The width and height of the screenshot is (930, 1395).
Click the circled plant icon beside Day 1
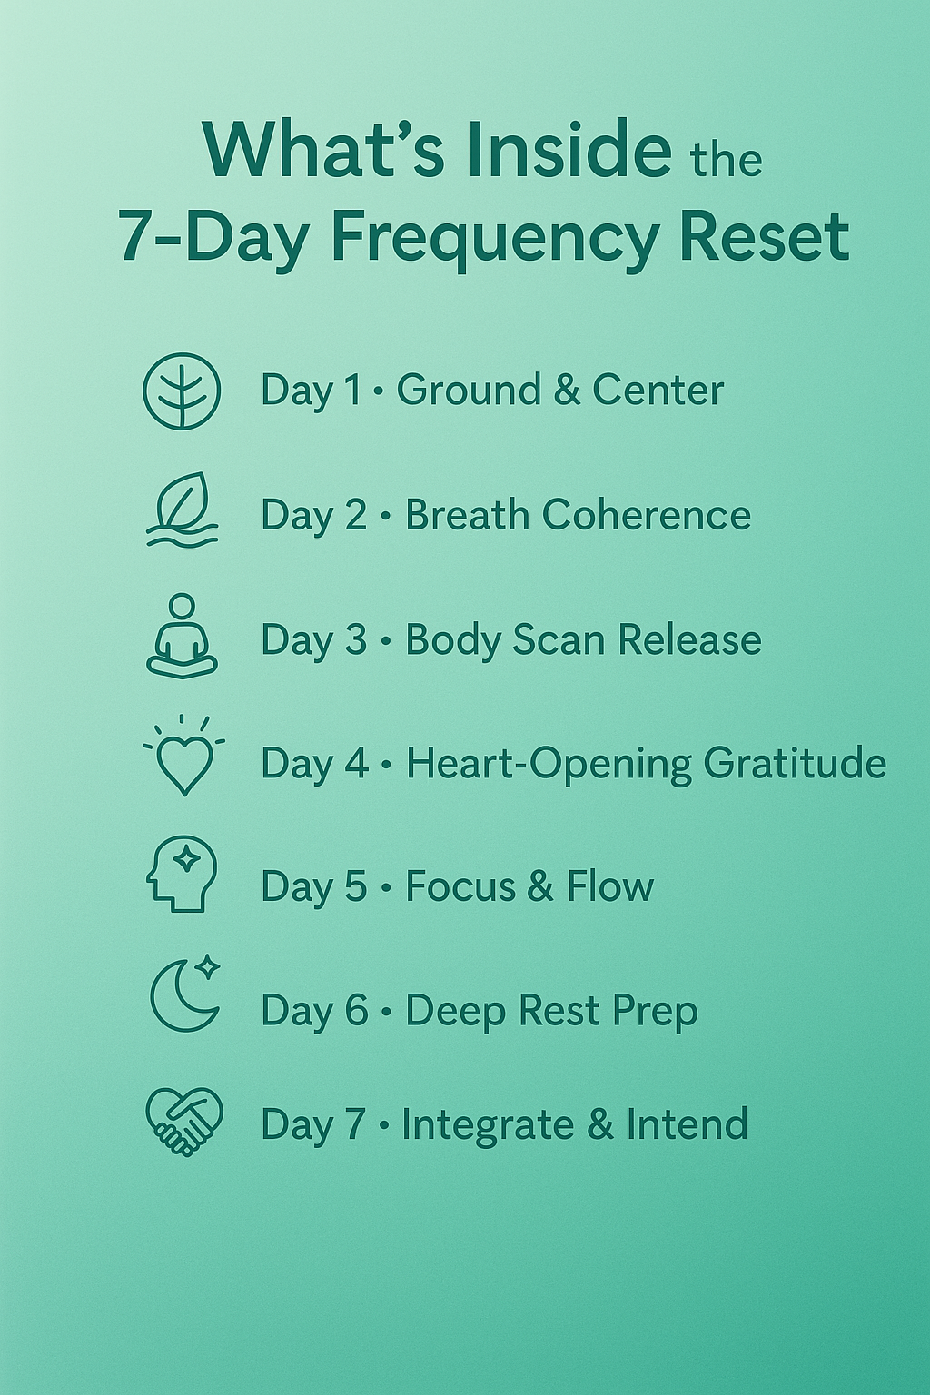tap(182, 391)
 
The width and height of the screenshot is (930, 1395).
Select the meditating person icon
tap(182, 637)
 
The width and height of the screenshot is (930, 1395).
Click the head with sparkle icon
tap(182, 874)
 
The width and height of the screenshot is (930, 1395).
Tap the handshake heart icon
tap(184, 1122)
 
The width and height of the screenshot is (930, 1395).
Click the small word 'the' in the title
tap(725, 161)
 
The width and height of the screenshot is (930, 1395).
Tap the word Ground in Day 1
tap(469, 391)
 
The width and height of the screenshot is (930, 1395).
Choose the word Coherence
tap(647, 515)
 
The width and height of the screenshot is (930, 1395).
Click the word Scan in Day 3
tap(559, 639)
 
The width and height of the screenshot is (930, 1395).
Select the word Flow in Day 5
tap(610, 886)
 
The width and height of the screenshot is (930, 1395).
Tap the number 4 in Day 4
tap(356, 763)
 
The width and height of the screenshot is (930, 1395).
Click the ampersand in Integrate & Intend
tap(600, 1124)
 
